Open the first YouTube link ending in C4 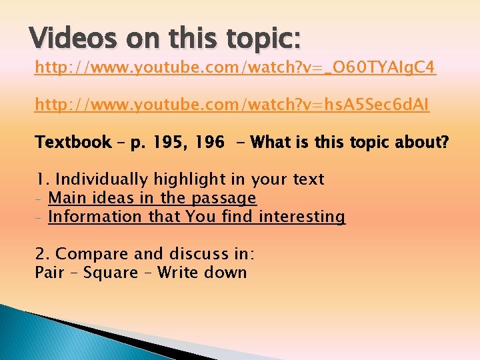click(x=235, y=67)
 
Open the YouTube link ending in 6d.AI click(x=232, y=105)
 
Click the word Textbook click(x=73, y=142)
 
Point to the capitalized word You click(x=200, y=217)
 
